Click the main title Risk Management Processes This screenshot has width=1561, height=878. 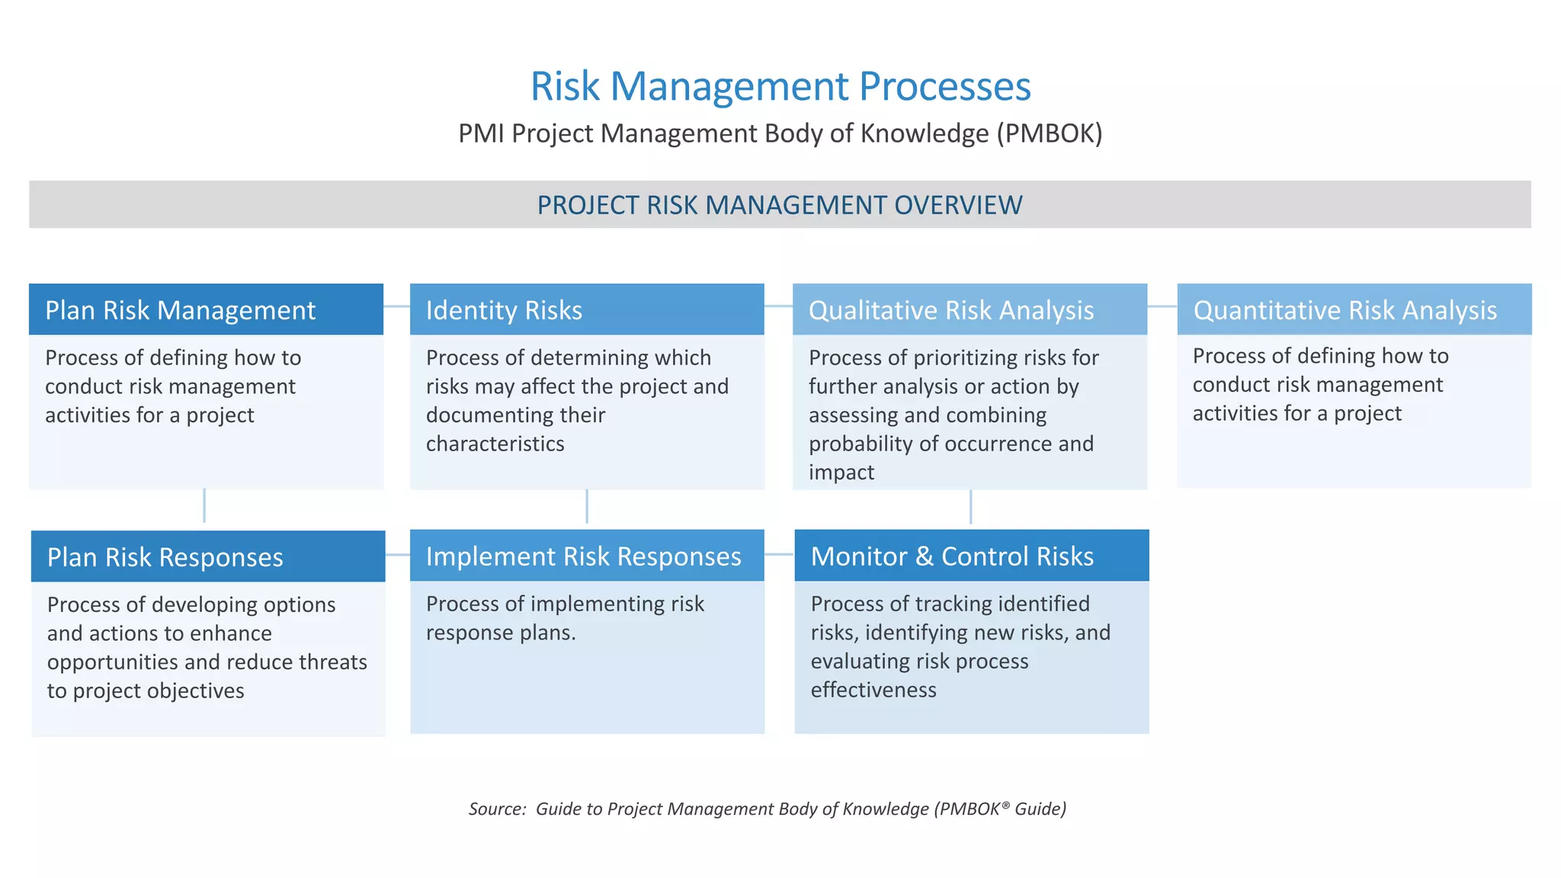click(780, 86)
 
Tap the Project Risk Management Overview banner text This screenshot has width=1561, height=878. click(780, 205)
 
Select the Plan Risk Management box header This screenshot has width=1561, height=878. click(180, 310)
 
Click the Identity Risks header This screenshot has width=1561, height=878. click(504, 310)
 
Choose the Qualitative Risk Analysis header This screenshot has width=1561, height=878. click(950, 310)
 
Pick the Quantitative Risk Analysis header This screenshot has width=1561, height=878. click(1345, 310)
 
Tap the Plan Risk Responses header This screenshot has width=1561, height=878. click(165, 557)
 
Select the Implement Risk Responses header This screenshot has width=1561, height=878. click(583, 556)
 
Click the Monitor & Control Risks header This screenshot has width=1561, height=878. click(952, 556)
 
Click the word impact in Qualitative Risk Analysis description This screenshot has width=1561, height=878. click(841, 473)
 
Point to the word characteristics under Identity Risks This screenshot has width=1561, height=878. click(495, 444)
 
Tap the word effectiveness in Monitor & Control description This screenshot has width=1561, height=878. click(873, 690)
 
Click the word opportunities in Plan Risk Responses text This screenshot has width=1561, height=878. click(113, 662)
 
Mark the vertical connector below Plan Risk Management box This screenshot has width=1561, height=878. click(204, 505)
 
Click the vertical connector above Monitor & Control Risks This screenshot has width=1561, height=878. click(970, 506)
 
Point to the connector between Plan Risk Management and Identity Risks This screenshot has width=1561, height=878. click(396, 306)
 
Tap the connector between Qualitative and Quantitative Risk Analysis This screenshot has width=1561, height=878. click(1162, 306)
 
